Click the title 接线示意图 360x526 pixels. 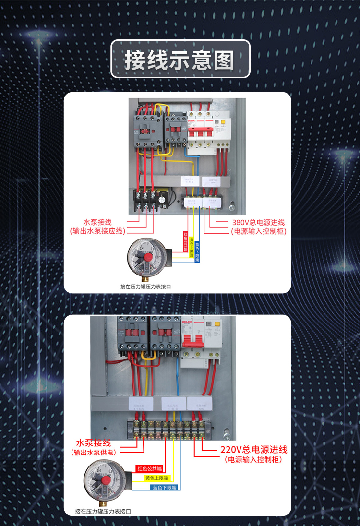click(x=180, y=60)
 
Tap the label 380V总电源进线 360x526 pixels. click(x=258, y=222)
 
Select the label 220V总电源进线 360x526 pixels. click(x=253, y=450)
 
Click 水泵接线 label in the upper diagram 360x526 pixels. click(x=97, y=222)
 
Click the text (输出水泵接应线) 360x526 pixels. click(x=97, y=231)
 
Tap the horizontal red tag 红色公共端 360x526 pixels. click(x=150, y=468)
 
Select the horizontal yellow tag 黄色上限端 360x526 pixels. click(x=156, y=478)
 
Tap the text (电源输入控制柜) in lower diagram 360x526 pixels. click(x=253, y=459)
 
